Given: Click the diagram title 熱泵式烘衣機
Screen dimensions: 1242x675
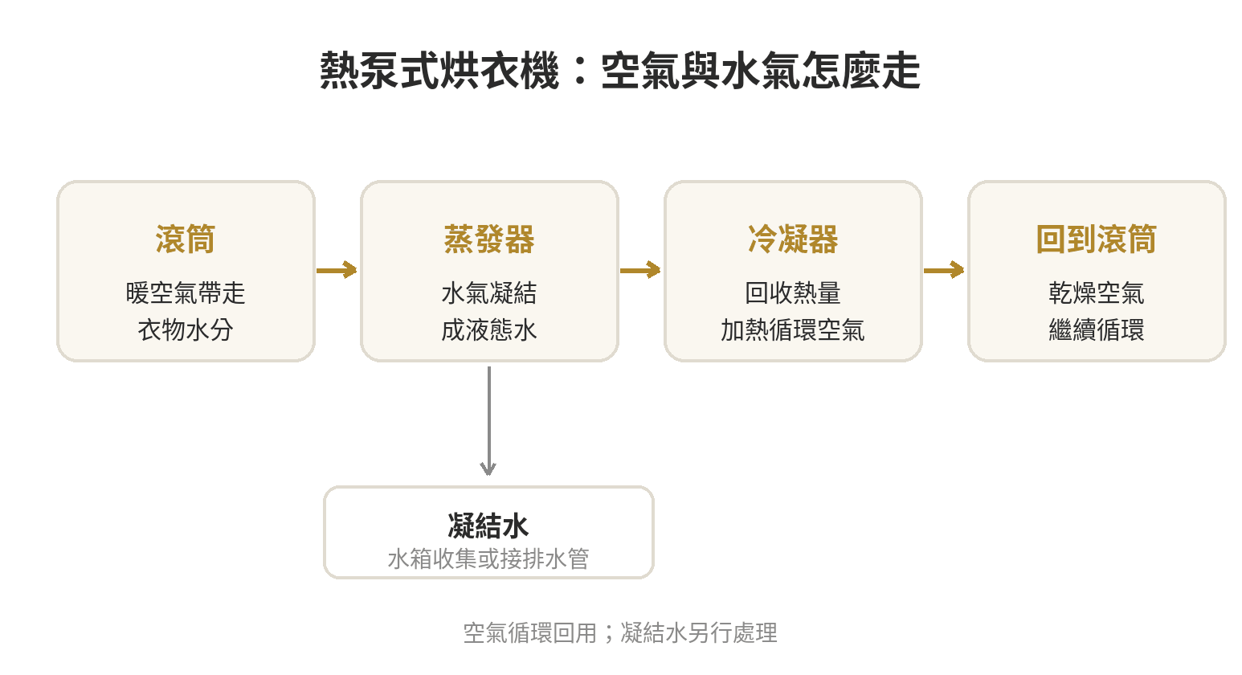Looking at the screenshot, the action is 439,71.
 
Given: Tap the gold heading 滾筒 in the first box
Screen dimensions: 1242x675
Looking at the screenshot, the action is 186,239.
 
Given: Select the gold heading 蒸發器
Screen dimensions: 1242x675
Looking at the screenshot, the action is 489,239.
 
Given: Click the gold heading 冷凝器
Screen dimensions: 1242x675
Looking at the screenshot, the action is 793,239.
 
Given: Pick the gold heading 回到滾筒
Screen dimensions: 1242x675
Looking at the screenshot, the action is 1096,239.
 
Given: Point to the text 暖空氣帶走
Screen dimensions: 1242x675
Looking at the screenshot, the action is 186,292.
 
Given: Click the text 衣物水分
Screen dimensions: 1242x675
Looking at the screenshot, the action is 186,330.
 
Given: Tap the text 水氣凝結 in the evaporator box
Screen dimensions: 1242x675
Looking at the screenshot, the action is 489,292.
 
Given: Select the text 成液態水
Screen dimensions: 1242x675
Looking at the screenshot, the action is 489,330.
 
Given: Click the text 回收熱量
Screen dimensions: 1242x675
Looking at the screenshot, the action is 793,292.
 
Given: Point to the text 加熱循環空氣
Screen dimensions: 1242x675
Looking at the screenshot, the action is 793,330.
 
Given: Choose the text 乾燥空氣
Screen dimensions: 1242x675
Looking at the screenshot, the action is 1096,292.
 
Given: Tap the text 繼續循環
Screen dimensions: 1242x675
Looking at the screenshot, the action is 1096,330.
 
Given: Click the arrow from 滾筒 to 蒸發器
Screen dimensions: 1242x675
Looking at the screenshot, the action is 337,270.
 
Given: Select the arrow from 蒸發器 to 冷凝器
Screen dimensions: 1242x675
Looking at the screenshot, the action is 640,270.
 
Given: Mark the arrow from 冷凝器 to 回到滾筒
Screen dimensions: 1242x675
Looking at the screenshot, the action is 944,270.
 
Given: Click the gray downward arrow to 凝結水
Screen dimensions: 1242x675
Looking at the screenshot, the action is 488,421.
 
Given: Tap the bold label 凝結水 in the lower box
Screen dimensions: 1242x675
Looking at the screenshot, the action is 488,526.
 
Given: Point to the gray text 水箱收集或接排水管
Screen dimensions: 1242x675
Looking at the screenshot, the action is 488,558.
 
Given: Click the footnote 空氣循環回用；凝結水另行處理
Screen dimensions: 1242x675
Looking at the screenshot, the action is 620,633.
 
